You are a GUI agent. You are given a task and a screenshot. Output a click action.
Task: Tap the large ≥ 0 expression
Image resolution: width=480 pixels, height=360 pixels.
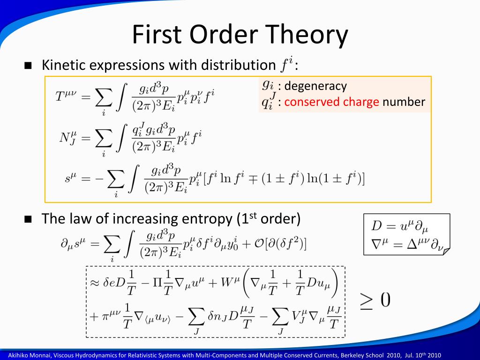click(x=375, y=300)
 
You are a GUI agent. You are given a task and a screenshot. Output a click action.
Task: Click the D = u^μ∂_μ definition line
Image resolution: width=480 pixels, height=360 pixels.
click(x=399, y=227)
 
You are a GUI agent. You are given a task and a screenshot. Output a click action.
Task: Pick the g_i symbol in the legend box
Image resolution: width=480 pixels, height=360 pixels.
click(x=268, y=85)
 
